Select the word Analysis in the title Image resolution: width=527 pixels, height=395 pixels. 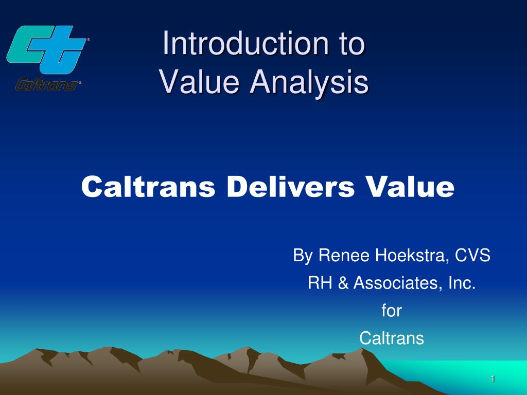pyautogui.click(x=308, y=82)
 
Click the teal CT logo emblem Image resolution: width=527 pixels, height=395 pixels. pyautogui.click(x=47, y=50)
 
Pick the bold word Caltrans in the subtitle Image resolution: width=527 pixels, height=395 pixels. pyautogui.click(x=148, y=187)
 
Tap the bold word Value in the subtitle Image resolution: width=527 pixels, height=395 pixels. pyautogui.click(x=409, y=187)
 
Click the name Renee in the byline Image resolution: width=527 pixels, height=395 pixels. pyautogui.click(x=339, y=255)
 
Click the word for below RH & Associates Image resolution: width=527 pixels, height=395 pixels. pyautogui.click(x=391, y=311)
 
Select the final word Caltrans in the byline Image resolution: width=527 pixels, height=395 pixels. pyautogui.click(x=391, y=338)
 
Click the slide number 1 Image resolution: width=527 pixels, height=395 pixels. pyautogui.click(x=493, y=379)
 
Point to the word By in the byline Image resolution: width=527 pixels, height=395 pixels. pyautogui.click(x=301, y=256)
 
